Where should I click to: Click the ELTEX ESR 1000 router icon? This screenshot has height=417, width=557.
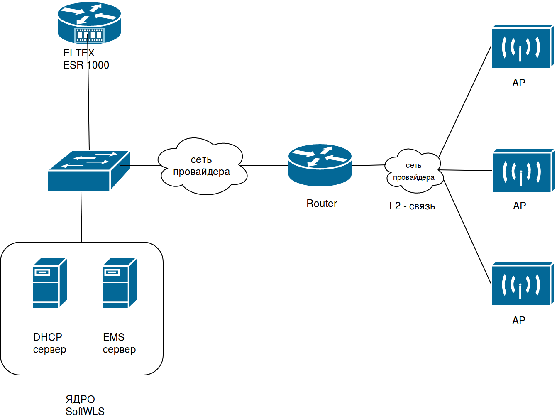(x=89, y=22)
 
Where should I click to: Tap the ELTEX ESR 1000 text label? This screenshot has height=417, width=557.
(x=86, y=59)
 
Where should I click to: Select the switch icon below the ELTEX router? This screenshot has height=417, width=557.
(x=88, y=171)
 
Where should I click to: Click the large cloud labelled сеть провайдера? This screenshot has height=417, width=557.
(x=202, y=166)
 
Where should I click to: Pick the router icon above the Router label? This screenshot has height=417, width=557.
(x=320, y=165)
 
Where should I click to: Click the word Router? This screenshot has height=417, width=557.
(x=322, y=204)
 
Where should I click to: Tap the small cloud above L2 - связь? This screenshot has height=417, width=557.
(x=413, y=171)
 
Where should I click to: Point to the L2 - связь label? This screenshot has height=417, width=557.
(x=412, y=206)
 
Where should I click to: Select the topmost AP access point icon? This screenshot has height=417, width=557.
(x=522, y=46)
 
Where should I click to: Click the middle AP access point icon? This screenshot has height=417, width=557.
(x=523, y=171)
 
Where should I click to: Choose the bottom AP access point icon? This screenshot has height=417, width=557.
(x=522, y=284)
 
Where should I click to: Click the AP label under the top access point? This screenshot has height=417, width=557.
(x=519, y=83)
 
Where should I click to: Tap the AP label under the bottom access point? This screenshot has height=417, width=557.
(x=519, y=320)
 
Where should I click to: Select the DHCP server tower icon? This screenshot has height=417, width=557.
(x=49, y=283)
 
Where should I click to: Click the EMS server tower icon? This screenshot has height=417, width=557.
(x=119, y=283)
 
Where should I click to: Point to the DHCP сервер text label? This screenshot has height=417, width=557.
(x=49, y=343)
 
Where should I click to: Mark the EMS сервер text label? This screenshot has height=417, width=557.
(x=119, y=343)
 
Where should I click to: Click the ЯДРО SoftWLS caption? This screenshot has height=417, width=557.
(x=85, y=405)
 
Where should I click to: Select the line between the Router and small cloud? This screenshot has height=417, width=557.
(x=368, y=165)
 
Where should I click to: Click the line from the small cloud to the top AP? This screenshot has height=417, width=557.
(x=465, y=102)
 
